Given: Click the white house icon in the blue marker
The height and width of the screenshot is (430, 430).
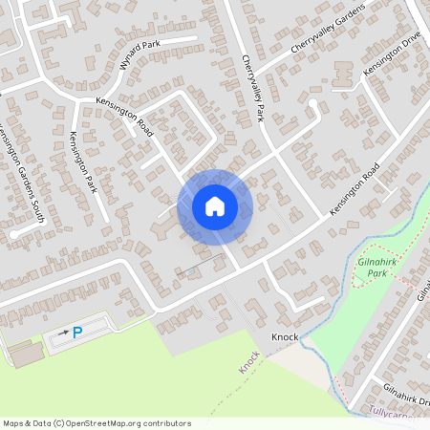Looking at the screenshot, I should click(x=215, y=205).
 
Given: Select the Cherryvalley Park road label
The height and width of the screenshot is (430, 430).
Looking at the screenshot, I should click(x=252, y=87).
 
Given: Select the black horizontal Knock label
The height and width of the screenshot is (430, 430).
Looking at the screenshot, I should click(x=285, y=337).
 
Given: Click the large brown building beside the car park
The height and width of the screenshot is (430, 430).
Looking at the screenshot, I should click(x=28, y=354).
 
